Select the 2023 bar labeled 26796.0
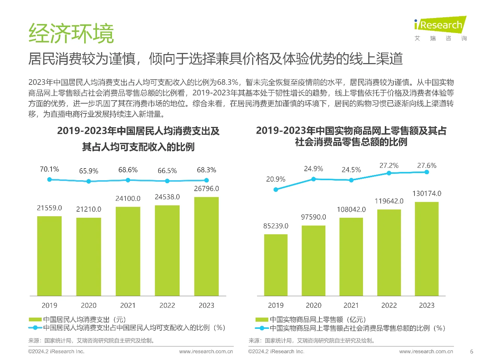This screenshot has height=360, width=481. [206, 246]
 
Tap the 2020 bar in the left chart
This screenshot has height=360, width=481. [89, 257]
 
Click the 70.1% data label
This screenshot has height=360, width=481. [49, 169]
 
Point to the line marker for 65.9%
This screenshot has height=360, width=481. [89, 181]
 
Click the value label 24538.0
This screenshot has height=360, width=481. [167, 197]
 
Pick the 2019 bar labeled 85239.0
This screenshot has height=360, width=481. [276, 265]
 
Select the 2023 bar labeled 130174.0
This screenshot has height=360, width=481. [427, 249]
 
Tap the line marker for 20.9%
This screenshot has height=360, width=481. [276, 190]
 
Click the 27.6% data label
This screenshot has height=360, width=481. [427, 166]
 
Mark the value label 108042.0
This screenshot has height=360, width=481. [351, 209]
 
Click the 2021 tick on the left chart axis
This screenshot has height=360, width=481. [128, 306]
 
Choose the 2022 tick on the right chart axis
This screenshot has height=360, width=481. [389, 306]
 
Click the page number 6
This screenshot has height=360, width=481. [472, 352]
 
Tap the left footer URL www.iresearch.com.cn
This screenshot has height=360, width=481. [206, 352]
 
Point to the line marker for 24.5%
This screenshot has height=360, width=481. [351, 180]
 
